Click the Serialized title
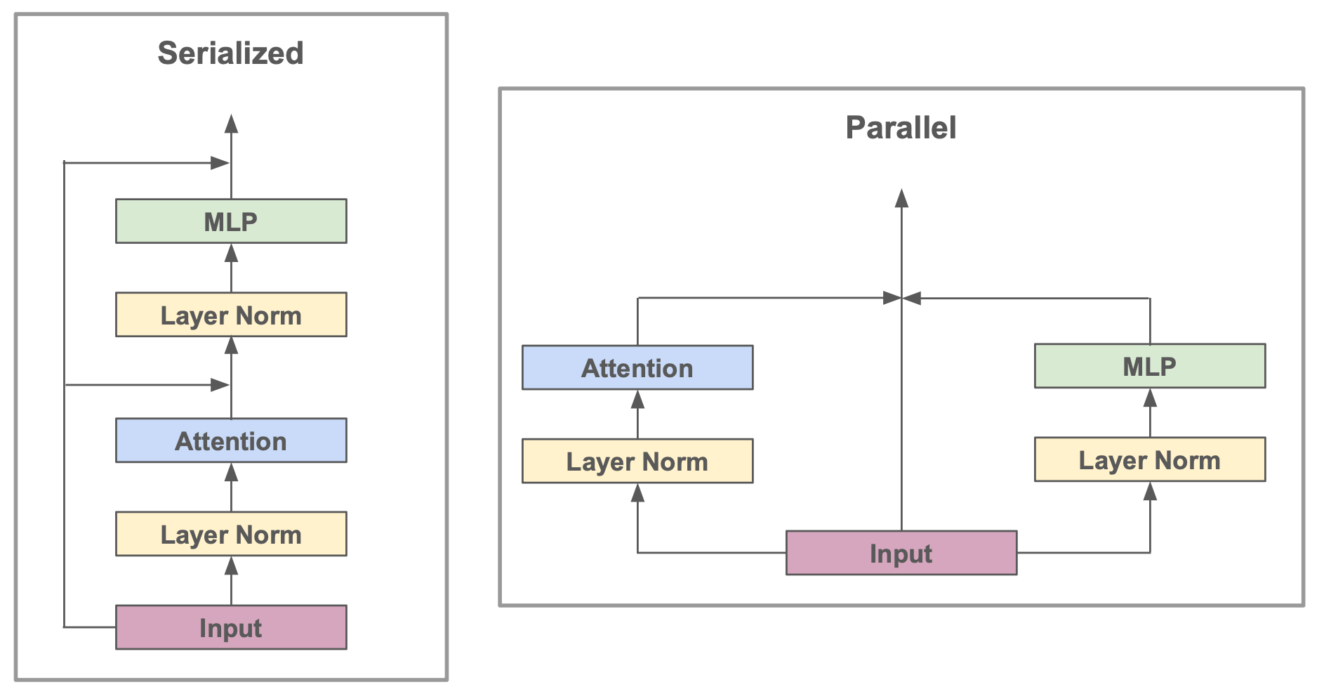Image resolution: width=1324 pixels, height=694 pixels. click(x=230, y=53)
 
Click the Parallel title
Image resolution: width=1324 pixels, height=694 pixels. click(x=901, y=128)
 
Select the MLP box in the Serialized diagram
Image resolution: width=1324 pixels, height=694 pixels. click(x=230, y=221)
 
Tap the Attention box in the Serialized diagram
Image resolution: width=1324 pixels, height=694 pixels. click(x=230, y=440)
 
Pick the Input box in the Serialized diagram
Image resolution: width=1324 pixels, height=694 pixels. click(x=230, y=627)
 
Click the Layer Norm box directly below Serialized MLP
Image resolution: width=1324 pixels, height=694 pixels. click(x=230, y=315)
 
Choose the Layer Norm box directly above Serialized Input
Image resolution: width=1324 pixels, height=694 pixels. click(x=230, y=534)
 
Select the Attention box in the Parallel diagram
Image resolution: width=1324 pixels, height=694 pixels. click(x=637, y=367)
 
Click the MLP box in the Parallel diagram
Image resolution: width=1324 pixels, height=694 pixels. click(x=1150, y=366)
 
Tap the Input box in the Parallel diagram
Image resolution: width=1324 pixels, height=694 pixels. click(x=901, y=553)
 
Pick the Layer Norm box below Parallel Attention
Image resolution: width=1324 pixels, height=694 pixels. click(x=637, y=461)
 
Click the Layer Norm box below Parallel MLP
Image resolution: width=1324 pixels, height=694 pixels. click(x=1150, y=459)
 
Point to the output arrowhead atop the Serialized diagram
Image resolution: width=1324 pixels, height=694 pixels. click(x=231, y=124)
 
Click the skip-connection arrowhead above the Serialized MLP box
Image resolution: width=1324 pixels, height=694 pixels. click(x=220, y=163)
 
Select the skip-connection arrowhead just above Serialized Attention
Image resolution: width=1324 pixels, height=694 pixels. click(x=220, y=384)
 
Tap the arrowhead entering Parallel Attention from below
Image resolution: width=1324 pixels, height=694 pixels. click(x=637, y=399)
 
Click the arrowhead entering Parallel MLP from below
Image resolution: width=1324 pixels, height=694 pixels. click(x=1150, y=398)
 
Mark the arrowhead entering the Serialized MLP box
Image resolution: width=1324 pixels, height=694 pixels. click(x=231, y=253)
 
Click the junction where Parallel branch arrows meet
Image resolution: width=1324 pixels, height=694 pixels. click(x=901, y=298)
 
